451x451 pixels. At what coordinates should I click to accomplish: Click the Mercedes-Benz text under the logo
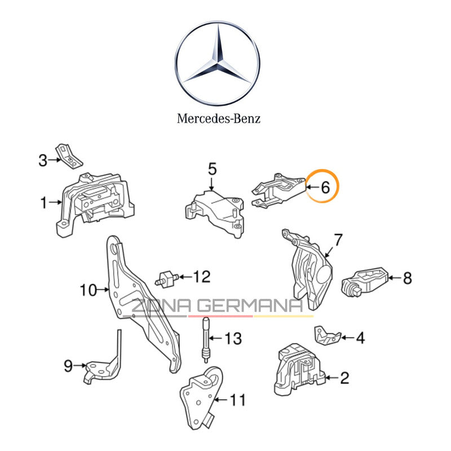click(x=219, y=118)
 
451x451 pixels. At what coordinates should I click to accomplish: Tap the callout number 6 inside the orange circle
click(x=325, y=188)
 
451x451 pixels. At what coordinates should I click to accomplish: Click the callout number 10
click(x=89, y=290)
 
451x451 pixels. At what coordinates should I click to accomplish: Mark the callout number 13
click(x=233, y=339)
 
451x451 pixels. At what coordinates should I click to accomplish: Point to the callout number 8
click(x=407, y=277)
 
